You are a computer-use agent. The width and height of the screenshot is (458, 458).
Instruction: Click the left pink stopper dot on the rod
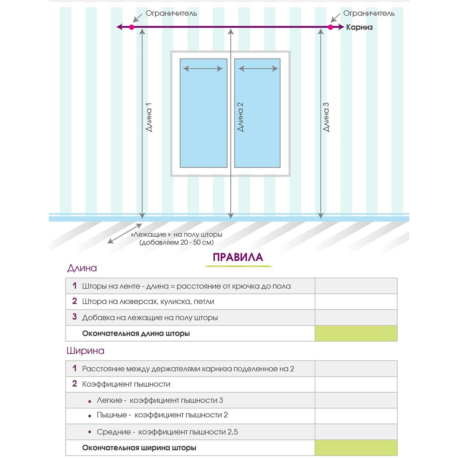click(132, 27)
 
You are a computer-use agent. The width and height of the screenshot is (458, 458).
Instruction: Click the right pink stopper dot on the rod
click(330, 27)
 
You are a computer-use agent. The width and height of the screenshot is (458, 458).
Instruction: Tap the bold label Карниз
click(359, 27)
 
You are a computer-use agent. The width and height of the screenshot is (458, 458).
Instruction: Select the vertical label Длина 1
click(149, 117)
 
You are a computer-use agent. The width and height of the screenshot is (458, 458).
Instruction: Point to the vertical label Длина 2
click(240, 117)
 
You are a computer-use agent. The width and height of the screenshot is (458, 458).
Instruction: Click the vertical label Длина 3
click(326, 117)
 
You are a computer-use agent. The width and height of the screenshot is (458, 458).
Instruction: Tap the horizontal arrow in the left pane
click(203, 69)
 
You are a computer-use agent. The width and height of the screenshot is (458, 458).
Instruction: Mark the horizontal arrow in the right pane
click(258, 69)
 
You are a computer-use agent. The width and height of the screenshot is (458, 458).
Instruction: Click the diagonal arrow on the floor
click(125, 234)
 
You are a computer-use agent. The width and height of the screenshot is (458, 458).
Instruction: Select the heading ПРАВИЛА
click(238, 257)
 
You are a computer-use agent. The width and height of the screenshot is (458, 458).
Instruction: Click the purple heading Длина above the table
click(82, 268)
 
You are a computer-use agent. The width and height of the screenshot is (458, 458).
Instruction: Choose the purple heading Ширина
click(85, 351)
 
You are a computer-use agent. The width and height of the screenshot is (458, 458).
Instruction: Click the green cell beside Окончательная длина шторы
click(356, 333)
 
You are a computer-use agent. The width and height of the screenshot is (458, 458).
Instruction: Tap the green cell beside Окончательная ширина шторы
click(356, 448)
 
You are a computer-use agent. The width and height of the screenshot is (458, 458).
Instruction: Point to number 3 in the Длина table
click(75, 317)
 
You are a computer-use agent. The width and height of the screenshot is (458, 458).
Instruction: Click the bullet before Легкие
click(90, 402)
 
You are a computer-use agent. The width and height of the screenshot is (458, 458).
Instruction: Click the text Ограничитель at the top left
click(171, 13)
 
